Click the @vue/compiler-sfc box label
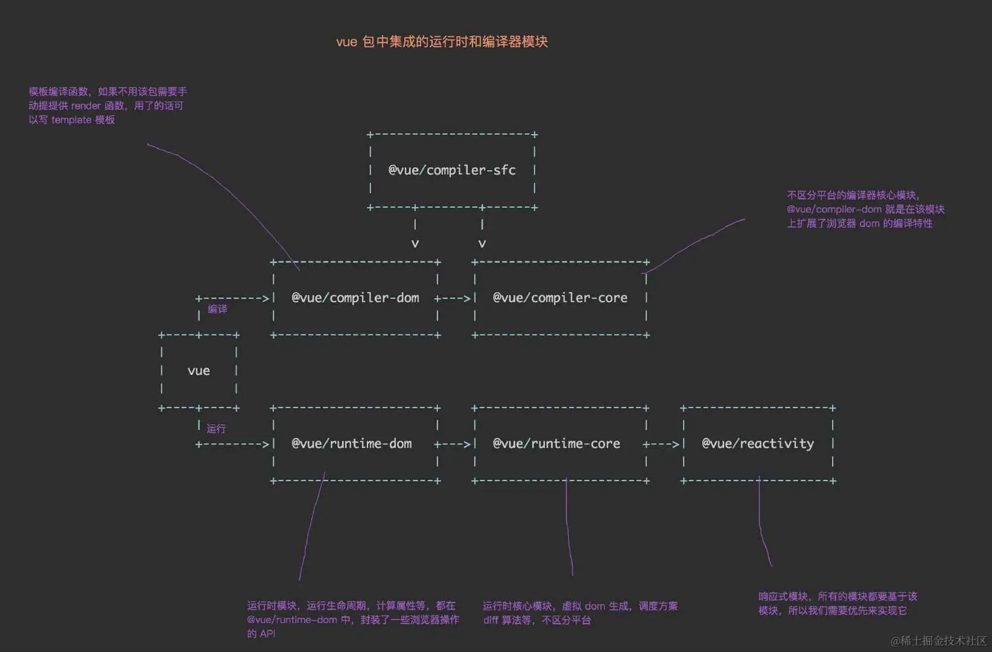click(x=452, y=170)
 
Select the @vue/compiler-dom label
click(x=355, y=298)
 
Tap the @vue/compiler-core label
click(x=560, y=298)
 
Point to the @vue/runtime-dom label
click(x=352, y=444)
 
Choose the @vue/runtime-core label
click(x=556, y=444)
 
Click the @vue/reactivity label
click(x=758, y=444)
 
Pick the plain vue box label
click(x=199, y=371)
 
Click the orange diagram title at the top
click(x=442, y=42)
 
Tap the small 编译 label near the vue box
click(x=218, y=309)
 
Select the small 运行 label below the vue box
click(x=216, y=429)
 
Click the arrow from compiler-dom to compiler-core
click(x=453, y=298)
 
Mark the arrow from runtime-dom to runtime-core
click(x=453, y=444)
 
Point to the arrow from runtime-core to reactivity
click(x=661, y=444)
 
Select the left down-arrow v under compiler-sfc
click(x=415, y=244)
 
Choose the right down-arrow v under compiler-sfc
click(x=482, y=244)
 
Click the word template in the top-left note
click(x=71, y=120)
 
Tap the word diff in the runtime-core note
click(x=491, y=620)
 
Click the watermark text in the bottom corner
click(x=939, y=641)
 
